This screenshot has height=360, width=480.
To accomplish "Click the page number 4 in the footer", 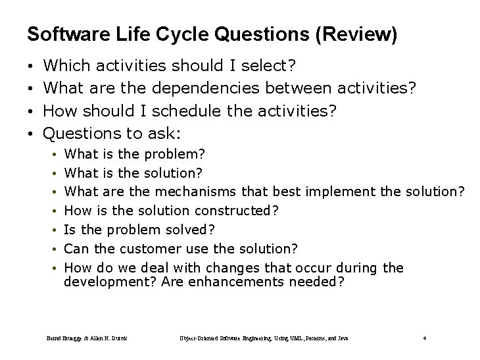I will (425, 338).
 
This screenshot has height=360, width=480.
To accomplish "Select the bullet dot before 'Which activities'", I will (31, 66).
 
